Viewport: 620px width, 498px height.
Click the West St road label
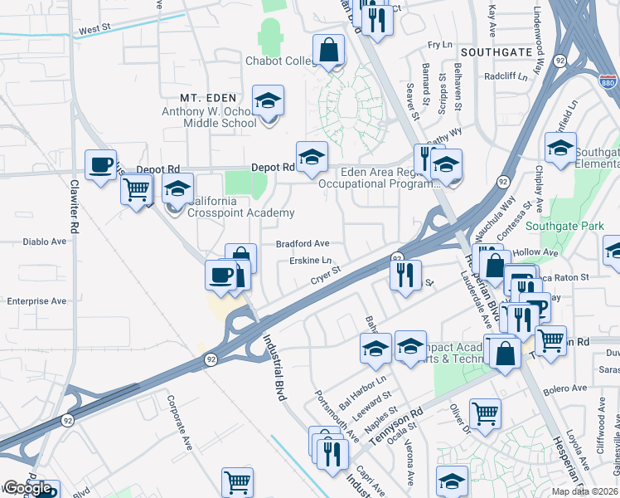point(94,29)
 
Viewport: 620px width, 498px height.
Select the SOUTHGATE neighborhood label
point(496,51)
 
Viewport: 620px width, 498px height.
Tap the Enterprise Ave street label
point(36,300)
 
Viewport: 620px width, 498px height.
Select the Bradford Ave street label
point(303,244)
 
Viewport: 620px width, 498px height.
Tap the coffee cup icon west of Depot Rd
point(101,164)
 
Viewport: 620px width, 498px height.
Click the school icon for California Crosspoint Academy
point(177,189)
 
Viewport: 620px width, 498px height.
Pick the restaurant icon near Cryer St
point(404,275)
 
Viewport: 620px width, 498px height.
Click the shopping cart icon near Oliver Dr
point(485,413)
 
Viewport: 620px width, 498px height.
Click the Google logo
point(27,488)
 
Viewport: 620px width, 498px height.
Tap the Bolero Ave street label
point(564,388)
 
